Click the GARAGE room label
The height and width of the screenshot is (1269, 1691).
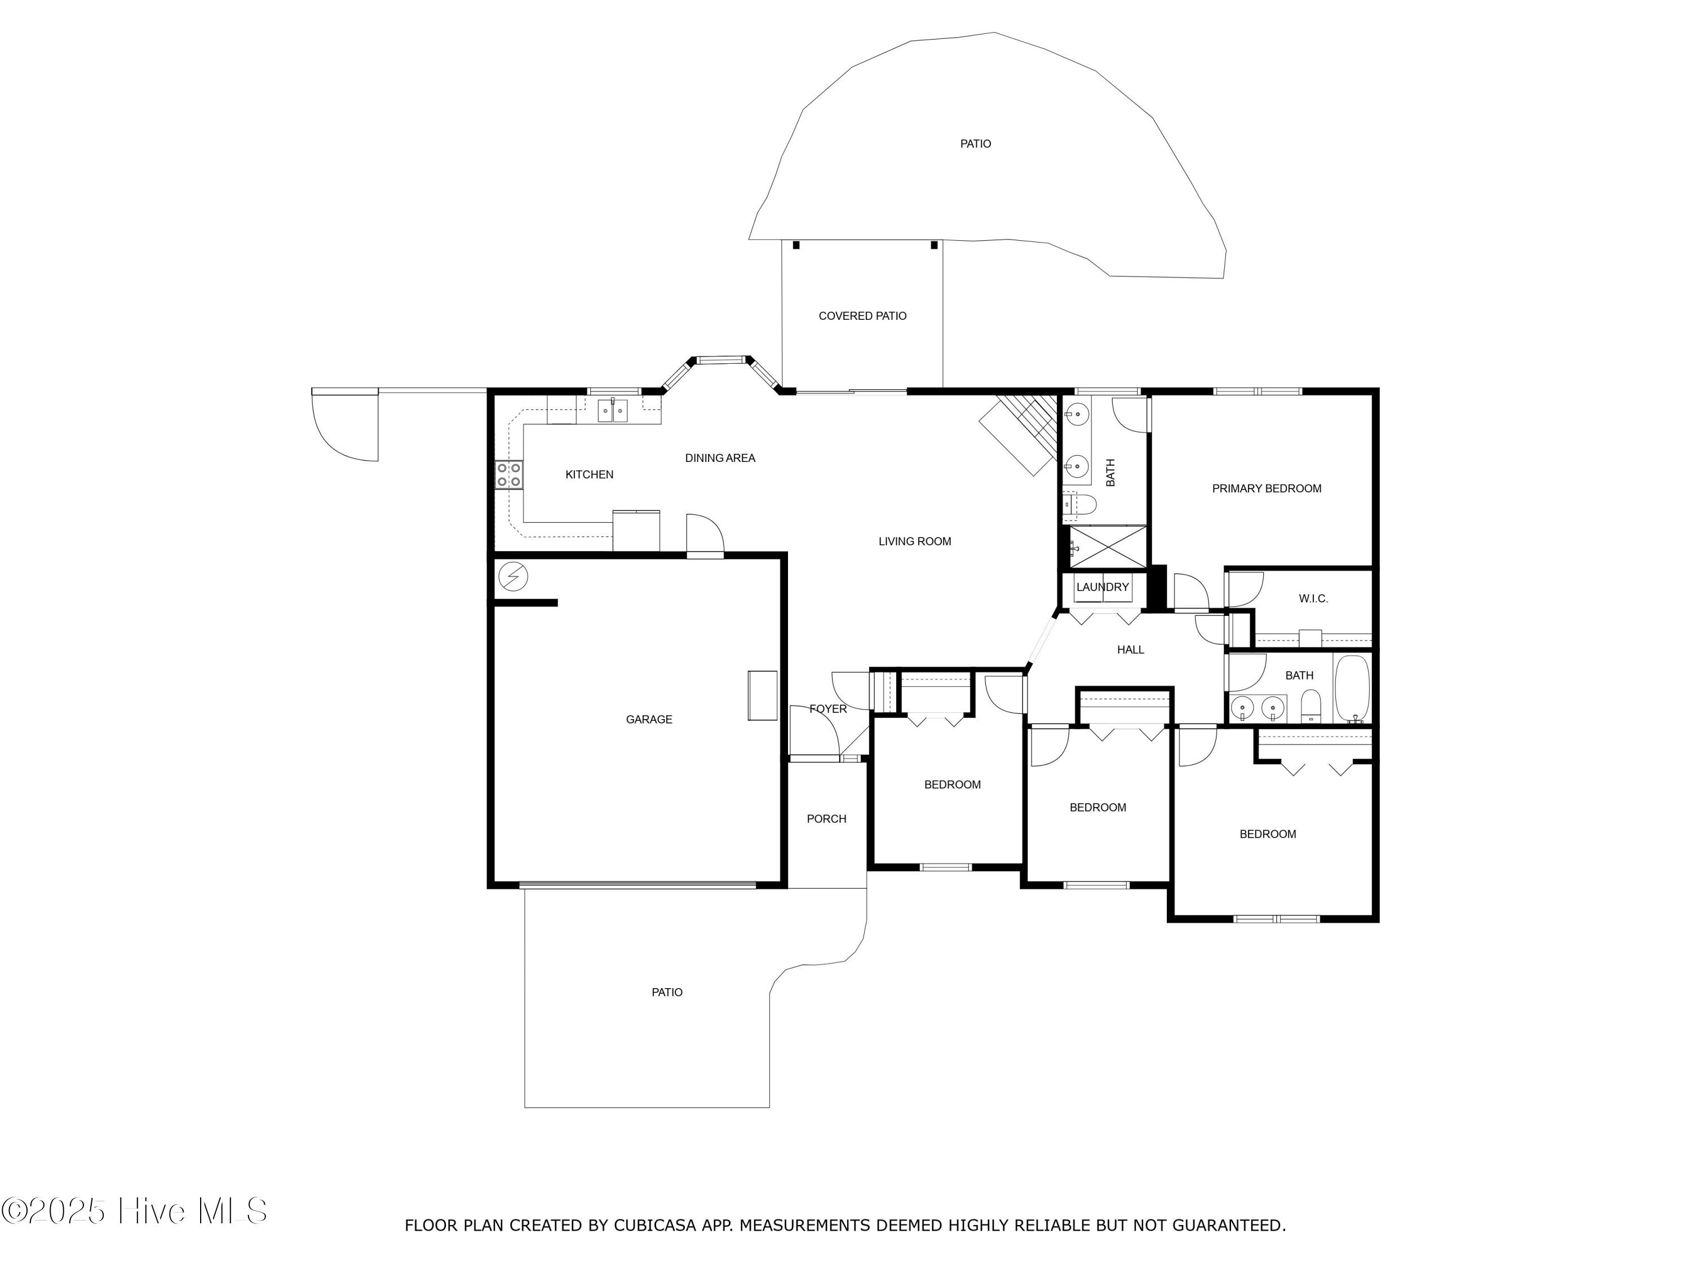[x=648, y=719]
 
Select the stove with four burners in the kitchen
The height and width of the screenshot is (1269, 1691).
[x=508, y=474]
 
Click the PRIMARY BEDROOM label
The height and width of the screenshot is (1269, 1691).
[x=1266, y=488]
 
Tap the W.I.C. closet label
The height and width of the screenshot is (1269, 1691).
[x=1313, y=598]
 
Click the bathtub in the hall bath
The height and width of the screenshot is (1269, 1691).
[x=1352, y=687]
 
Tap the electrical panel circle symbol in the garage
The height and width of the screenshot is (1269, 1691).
[x=513, y=576]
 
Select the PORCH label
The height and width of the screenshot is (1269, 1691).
[x=826, y=818]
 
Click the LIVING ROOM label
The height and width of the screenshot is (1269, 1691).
[x=914, y=541]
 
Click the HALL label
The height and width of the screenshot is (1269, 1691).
[x=1130, y=649]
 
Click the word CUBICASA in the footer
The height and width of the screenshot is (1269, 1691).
[x=654, y=1226]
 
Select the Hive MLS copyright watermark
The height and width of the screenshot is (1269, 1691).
[x=135, y=1211]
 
